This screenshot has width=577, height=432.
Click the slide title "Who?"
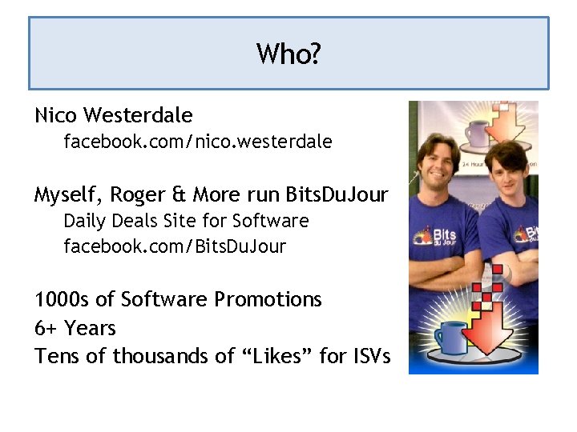pyautogui.click(x=288, y=54)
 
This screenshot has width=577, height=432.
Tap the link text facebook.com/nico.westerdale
pyautogui.click(x=198, y=142)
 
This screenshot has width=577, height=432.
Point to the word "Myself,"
pyautogui.click(x=67, y=194)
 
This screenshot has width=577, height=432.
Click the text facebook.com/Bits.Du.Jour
pyautogui.click(x=175, y=246)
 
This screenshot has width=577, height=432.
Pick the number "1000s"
pyautogui.click(x=62, y=299)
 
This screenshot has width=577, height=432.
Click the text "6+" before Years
pyautogui.click(x=46, y=328)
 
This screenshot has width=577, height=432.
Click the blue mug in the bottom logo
pyautogui.click(x=450, y=336)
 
